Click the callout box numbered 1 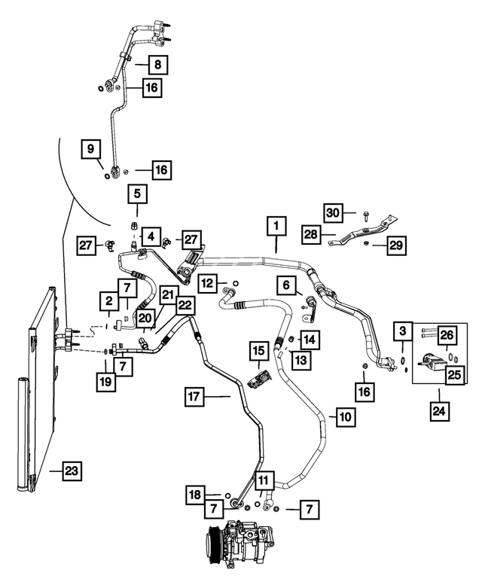click(x=276, y=224)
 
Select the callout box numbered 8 click(x=157, y=64)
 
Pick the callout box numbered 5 click(x=138, y=194)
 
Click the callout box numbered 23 click(x=72, y=472)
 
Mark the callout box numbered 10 click(x=343, y=416)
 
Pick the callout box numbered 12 click(x=209, y=283)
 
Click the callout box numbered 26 click(x=447, y=334)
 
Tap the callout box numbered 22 click(x=185, y=304)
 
